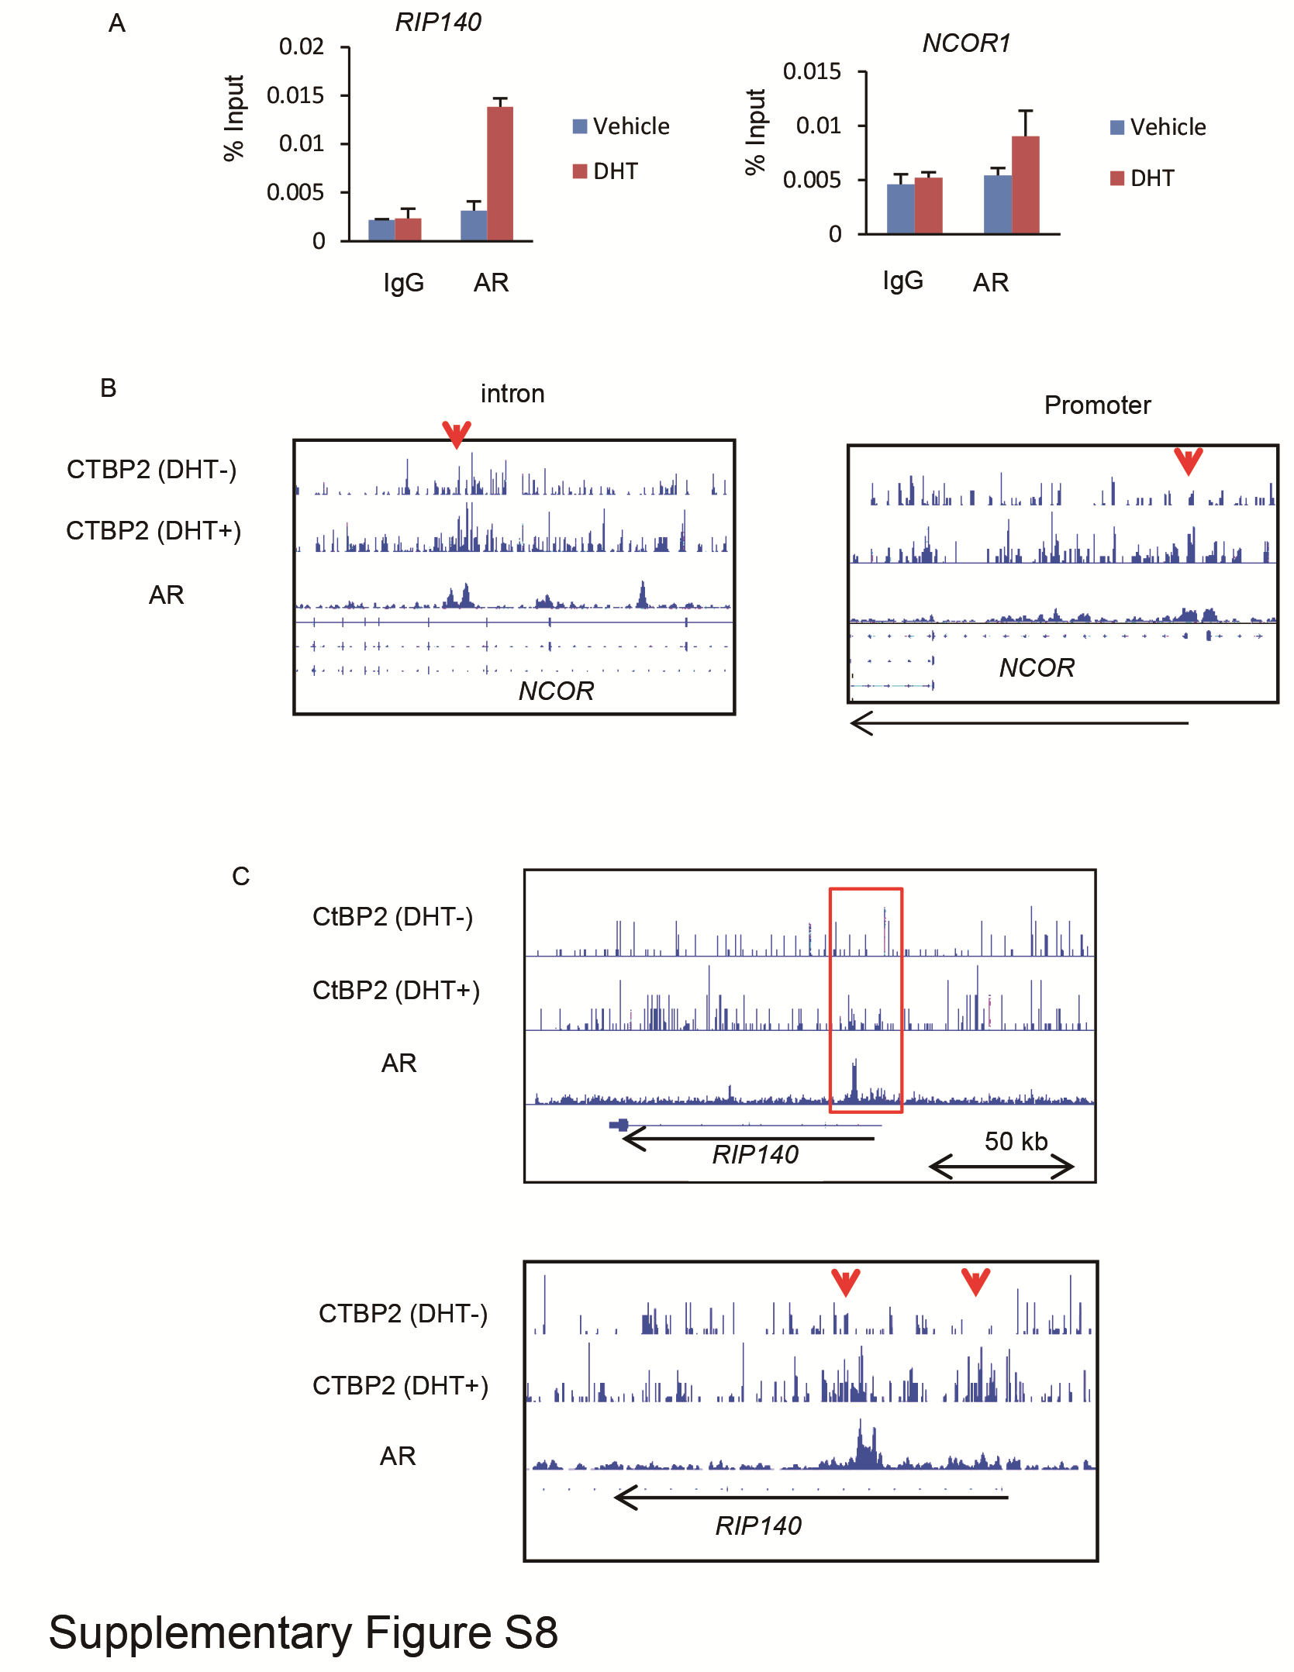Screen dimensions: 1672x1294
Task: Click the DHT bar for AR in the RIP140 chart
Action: click(499, 174)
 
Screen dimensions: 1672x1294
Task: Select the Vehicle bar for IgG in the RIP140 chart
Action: click(381, 230)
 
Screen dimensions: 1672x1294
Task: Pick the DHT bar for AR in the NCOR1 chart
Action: click(1025, 185)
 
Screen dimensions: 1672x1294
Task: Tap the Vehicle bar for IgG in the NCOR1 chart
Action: click(900, 209)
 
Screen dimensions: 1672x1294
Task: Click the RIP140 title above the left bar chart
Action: click(437, 22)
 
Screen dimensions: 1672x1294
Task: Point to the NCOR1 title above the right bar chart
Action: click(966, 43)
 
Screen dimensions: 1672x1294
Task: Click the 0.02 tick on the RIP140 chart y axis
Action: click(301, 47)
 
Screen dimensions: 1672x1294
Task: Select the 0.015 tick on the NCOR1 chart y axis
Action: click(811, 72)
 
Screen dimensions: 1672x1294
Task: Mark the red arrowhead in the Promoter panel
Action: click(1188, 460)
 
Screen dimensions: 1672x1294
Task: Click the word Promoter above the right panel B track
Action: click(1096, 405)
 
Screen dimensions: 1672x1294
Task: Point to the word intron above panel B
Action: click(512, 394)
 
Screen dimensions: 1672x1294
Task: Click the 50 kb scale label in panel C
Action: click(1016, 1141)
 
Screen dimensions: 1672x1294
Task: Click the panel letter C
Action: click(241, 877)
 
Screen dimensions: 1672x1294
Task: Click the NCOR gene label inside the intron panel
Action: click(556, 691)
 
